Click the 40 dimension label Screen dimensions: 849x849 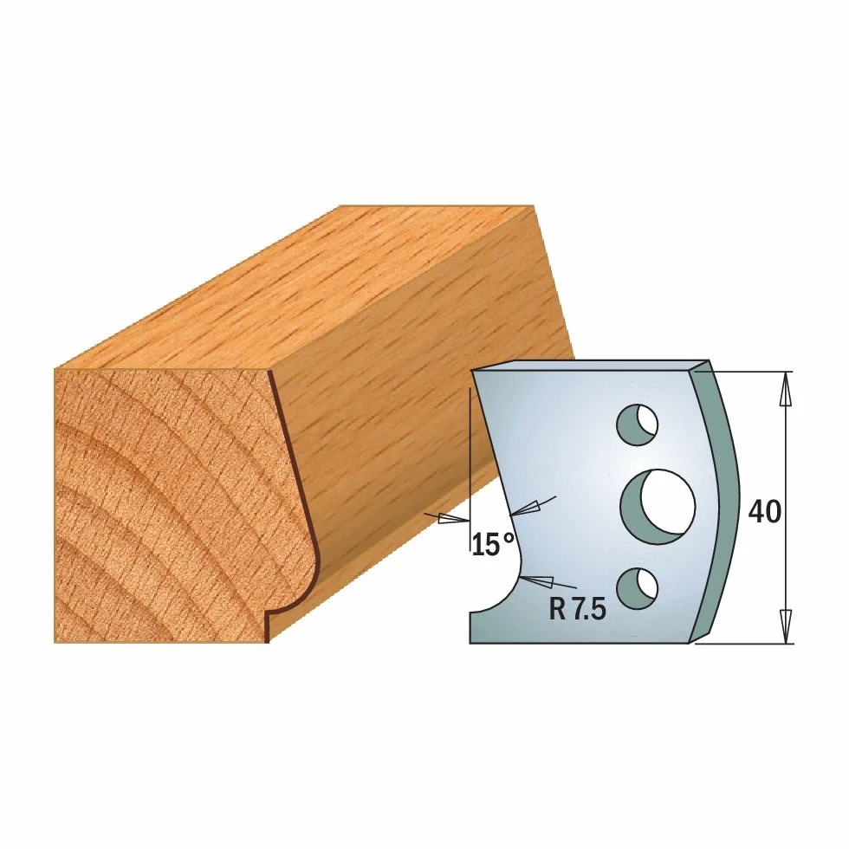tap(764, 511)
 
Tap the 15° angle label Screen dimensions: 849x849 tap(493, 544)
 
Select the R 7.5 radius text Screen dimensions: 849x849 tap(577, 610)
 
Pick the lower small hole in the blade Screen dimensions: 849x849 tap(638, 588)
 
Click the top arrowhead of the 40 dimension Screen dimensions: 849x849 tap(785, 389)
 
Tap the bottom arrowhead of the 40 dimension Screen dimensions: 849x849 tap(786, 626)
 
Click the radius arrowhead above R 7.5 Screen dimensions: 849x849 tap(536, 581)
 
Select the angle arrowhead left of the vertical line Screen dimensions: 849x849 tap(454, 519)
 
